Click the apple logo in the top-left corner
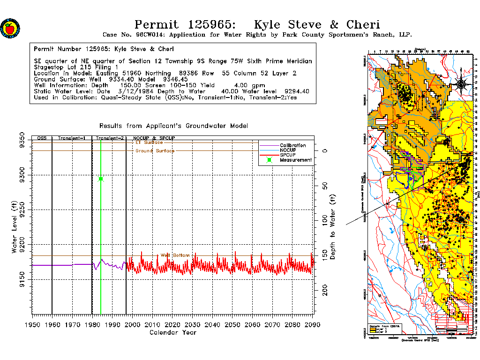9,28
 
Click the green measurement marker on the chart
101,179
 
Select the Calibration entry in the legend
293,145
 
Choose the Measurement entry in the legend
295,160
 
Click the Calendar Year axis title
172,332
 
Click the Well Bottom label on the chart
175,255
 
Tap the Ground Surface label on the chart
155,151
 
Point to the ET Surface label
149,142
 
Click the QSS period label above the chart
42,138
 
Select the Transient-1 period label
72,138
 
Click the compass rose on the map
461,83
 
